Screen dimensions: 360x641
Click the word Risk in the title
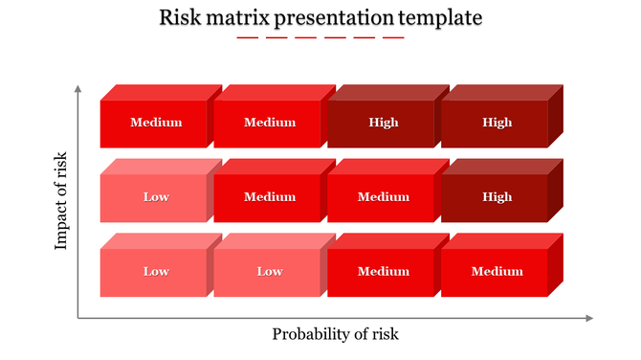[180, 18]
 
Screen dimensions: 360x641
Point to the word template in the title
[444, 18]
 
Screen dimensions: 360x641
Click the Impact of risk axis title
[62, 200]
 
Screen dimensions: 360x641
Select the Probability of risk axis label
[335, 334]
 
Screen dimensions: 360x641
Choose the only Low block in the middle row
[155, 197]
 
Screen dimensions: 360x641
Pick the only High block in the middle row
[496, 197]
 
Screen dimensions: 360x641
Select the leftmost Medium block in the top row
[155, 123]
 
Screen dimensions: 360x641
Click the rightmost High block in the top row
[496, 123]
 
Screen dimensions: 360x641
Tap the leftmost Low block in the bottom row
[155, 272]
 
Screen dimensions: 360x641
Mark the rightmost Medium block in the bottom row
[496, 272]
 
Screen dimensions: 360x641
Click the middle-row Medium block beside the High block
[382, 197]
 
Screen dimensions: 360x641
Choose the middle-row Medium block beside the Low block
[269, 197]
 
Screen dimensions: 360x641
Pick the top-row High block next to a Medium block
[382, 123]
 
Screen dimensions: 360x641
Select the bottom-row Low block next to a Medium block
[269, 272]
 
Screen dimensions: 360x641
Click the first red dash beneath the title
[247, 38]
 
